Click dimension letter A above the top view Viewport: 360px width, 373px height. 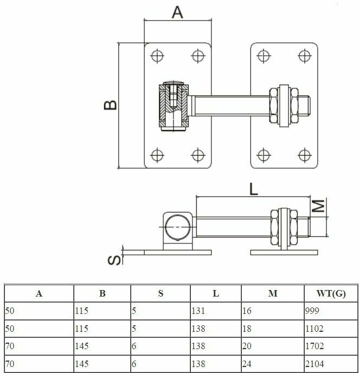pyautogui.click(x=177, y=12)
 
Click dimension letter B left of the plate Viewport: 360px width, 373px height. pyautogui.click(x=111, y=105)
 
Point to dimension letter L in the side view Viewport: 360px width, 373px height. pyautogui.click(x=253, y=188)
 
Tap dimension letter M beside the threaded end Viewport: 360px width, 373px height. pyautogui.click(x=320, y=206)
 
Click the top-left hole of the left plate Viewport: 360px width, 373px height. pyautogui.click(x=157, y=55)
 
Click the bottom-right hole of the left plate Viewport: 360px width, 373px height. pyautogui.click(x=197, y=156)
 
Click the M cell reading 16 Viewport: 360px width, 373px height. pyautogui.click(x=248, y=311)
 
